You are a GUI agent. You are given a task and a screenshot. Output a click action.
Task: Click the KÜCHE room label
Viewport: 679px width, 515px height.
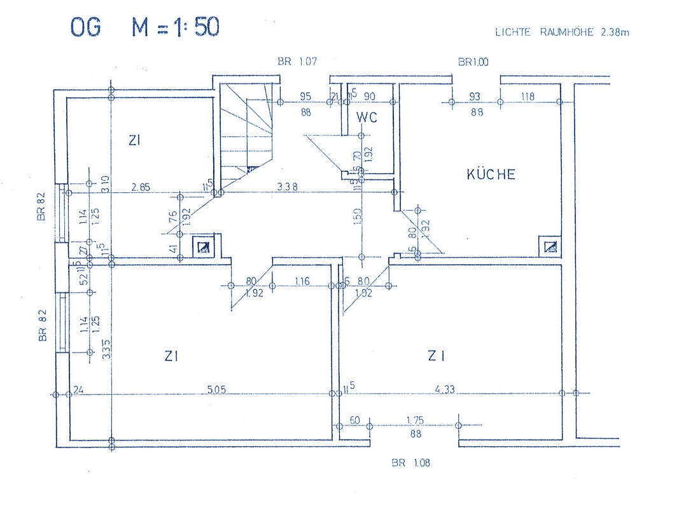[491, 174]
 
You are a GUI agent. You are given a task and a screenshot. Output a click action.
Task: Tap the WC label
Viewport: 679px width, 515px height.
[367, 117]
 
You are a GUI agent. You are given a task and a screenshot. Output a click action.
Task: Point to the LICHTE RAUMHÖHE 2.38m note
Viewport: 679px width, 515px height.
[562, 32]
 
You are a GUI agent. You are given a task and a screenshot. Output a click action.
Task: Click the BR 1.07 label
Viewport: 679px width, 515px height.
[297, 62]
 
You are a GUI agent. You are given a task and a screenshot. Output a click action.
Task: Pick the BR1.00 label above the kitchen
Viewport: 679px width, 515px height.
[474, 62]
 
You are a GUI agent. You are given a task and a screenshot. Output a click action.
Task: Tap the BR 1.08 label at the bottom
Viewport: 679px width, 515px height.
[410, 463]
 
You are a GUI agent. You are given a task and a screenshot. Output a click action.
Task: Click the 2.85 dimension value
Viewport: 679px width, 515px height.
[141, 187]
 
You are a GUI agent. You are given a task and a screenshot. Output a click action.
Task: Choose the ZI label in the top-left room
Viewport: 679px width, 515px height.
[134, 141]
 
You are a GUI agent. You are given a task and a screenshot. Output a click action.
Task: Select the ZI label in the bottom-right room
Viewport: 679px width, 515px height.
[436, 356]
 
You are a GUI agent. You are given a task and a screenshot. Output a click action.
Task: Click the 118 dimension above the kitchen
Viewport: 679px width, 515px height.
[528, 97]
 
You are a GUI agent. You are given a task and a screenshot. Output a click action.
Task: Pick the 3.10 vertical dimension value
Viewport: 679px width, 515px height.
[105, 185]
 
